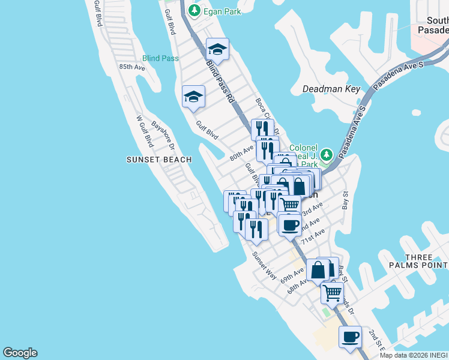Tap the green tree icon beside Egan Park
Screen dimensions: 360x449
pos(194,10)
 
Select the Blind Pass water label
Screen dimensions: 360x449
pos(160,58)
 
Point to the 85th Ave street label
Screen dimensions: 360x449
pos(132,67)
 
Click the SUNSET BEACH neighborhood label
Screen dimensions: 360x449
pos(159,160)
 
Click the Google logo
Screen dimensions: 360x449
pos(20,353)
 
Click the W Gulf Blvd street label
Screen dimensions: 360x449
pos(145,131)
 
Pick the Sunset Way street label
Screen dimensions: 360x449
pos(265,266)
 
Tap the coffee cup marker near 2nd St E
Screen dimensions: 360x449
pos(351,337)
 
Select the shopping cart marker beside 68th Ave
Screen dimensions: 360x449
pos(332,292)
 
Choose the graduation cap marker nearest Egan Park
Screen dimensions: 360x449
pos(217,49)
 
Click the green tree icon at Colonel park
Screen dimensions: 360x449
pos(326,155)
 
